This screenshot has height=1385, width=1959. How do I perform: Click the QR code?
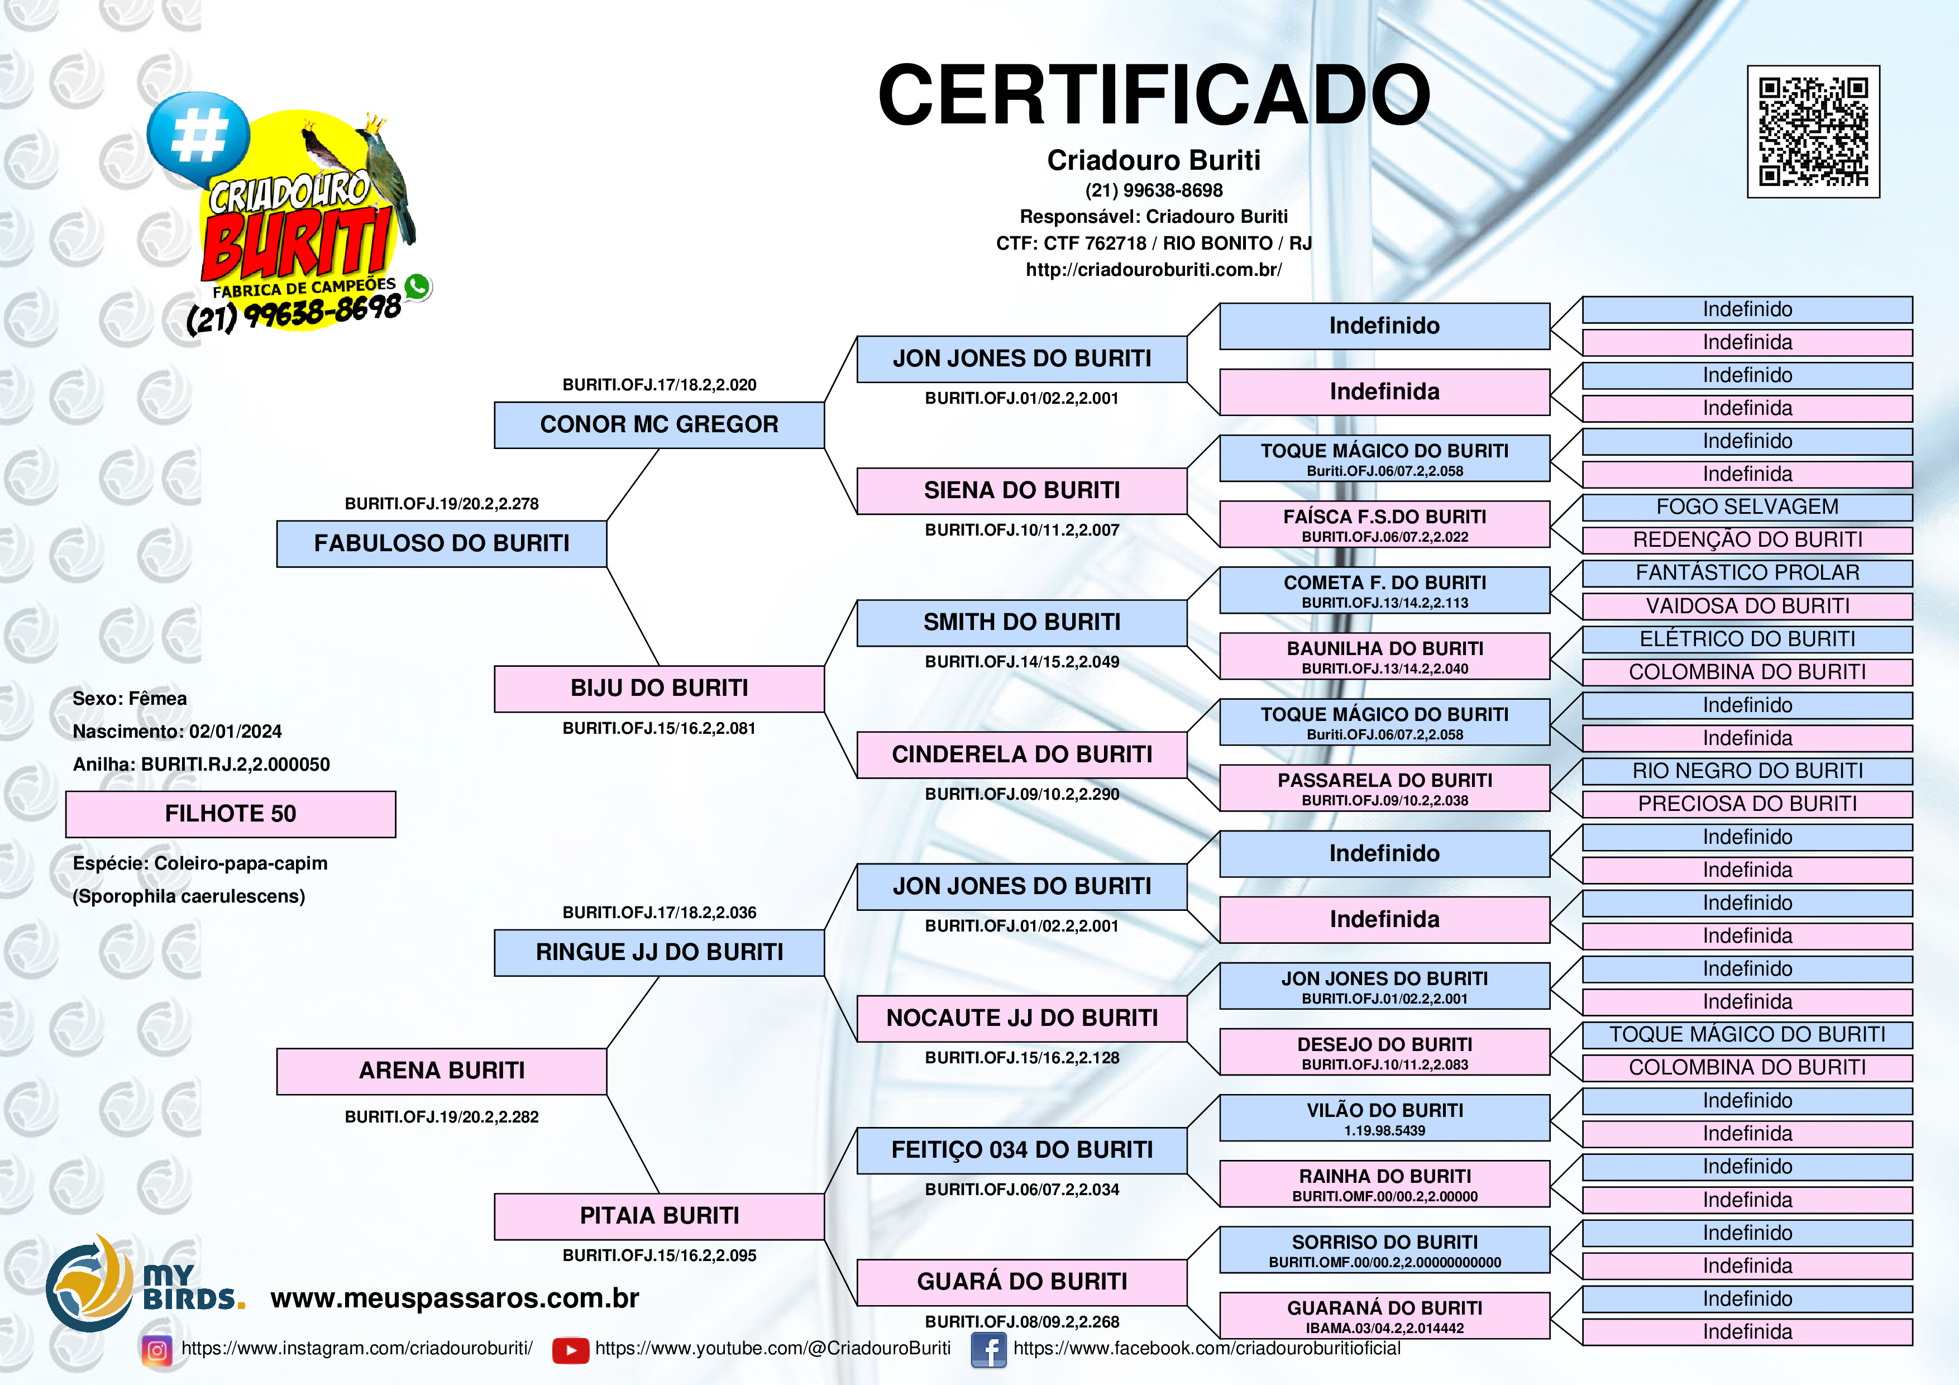pos(1813,131)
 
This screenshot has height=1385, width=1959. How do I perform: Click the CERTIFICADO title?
pos(1154,95)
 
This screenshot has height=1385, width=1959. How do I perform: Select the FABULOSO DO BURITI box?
pos(441,543)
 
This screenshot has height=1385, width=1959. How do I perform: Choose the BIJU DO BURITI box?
pos(659,689)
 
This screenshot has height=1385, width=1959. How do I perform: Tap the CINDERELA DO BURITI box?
pos(1021,754)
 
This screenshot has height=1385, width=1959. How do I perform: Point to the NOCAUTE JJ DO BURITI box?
pos(1021,1018)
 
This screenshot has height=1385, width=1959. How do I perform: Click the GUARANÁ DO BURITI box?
pos(1384,1315)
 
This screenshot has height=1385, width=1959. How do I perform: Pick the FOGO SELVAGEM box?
pos(1747,507)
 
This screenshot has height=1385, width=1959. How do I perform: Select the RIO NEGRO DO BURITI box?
pos(1747,771)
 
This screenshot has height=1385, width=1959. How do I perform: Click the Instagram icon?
pos(157,1350)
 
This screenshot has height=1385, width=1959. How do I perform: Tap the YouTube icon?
pos(570,1350)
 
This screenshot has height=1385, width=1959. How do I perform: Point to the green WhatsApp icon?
pos(417,286)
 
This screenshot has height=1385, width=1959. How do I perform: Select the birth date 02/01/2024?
pos(236,732)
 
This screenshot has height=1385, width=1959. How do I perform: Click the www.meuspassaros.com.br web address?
pos(454,1298)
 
